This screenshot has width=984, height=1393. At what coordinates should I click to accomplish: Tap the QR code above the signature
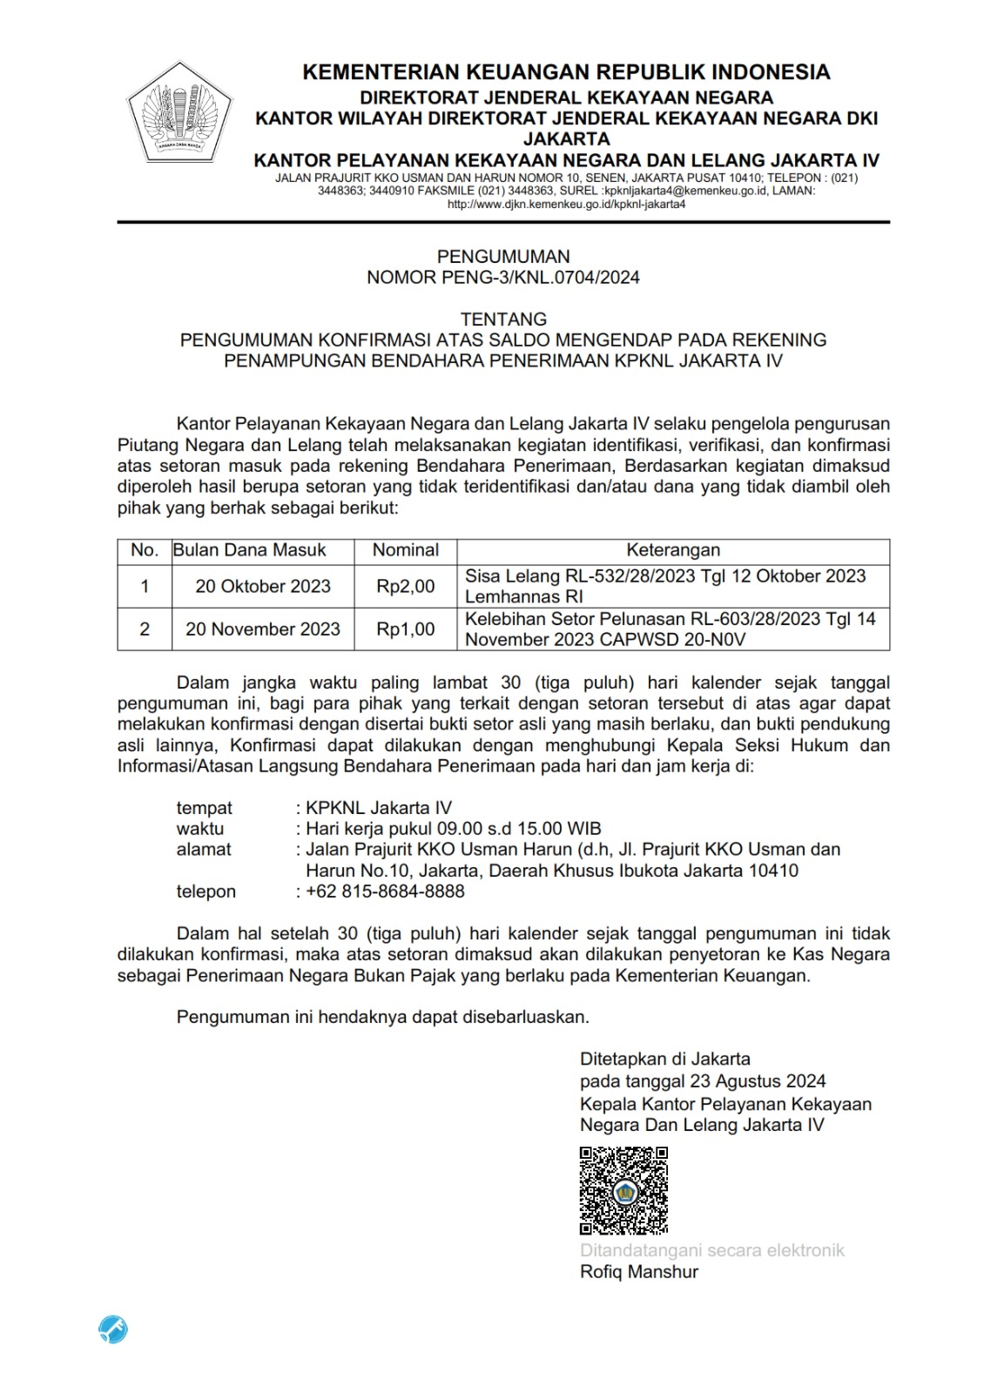pos(623,1190)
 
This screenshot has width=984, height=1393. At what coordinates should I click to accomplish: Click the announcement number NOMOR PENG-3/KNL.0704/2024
pos(503,278)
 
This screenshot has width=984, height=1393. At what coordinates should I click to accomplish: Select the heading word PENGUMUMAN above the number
pos(503,257)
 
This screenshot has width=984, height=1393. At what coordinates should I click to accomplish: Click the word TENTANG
pos(503,319)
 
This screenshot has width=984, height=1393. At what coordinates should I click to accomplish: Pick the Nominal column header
pos(405,550)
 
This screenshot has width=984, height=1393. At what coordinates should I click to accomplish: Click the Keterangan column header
pos(673,550)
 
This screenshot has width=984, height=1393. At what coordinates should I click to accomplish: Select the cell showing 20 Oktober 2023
pos(263,587)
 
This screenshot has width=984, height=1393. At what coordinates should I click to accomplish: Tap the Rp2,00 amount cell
pos(405,587)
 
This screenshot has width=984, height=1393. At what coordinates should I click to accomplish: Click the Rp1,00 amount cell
pos(405,629)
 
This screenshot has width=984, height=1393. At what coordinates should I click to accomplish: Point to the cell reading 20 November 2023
pos(263,629)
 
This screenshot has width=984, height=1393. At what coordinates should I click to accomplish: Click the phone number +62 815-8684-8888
pos(385,892)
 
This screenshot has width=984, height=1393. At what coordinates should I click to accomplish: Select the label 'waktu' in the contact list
pos(200,829)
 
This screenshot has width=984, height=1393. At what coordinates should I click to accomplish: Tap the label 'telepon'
pos(206,892)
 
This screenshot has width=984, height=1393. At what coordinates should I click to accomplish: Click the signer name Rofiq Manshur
pos(639,1272)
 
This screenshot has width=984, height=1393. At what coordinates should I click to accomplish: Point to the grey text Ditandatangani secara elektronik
pos(712,1251)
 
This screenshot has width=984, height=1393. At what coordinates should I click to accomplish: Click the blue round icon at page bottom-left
pos(113,1329)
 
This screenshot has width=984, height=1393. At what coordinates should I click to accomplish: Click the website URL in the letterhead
pos(566,205)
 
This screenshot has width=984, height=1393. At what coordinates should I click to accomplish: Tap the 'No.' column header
pos(145,550)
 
